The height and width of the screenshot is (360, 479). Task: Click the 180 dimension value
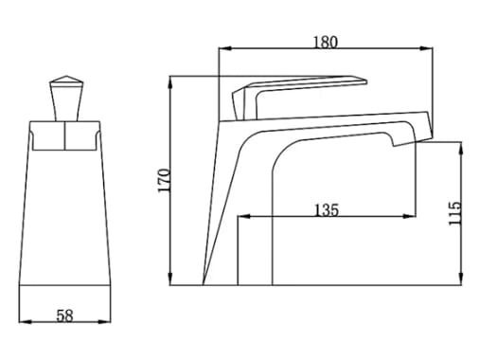point(325,41)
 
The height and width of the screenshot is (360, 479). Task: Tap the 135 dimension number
point(325,209)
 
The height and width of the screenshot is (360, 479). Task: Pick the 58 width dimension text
point(64,316)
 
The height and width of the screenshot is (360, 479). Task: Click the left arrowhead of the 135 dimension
point(240,217)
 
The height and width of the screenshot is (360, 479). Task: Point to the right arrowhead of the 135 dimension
point(412,217)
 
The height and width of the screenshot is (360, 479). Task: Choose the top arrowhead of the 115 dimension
point(462,148)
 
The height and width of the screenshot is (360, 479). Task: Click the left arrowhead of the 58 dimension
point(26,322)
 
